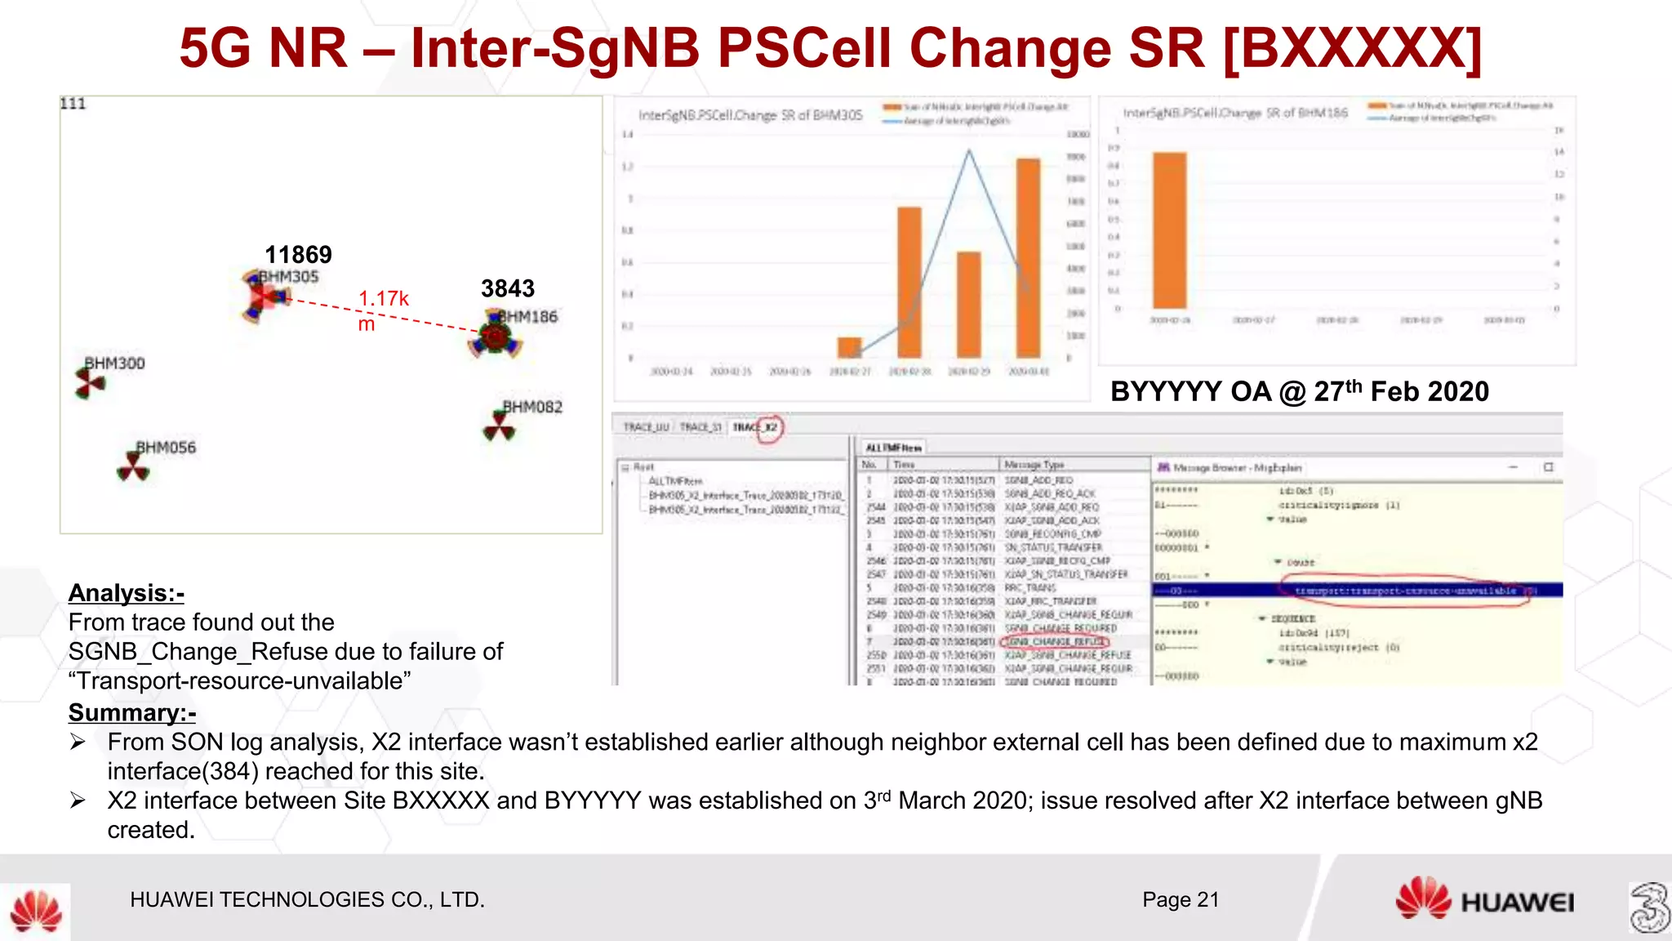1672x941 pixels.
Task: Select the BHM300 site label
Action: [x=115, y=363]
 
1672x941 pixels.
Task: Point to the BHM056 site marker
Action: [x=132, y=468]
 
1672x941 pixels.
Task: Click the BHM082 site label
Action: [x=532, y=407]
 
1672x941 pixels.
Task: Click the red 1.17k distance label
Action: [x=383, y=300]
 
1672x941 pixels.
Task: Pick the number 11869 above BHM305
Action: [x=298, y=254]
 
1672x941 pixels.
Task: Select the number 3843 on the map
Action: [x=507, y=288]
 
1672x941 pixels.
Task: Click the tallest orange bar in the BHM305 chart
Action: [x=1028, y=257]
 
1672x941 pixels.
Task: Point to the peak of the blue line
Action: [x=969, y=150]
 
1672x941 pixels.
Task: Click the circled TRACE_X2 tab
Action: [x=756, y=427]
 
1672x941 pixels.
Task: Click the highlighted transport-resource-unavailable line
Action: [x=1404, y=591]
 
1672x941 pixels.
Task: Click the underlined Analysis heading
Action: [x=127, y=593]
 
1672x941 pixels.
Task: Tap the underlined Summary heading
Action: [x=132, y=713]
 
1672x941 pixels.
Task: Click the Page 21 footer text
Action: [x=1181, y=899]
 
